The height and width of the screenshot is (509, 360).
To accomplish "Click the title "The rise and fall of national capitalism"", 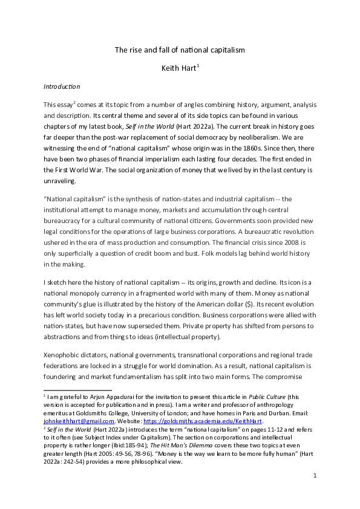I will [180, 50].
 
